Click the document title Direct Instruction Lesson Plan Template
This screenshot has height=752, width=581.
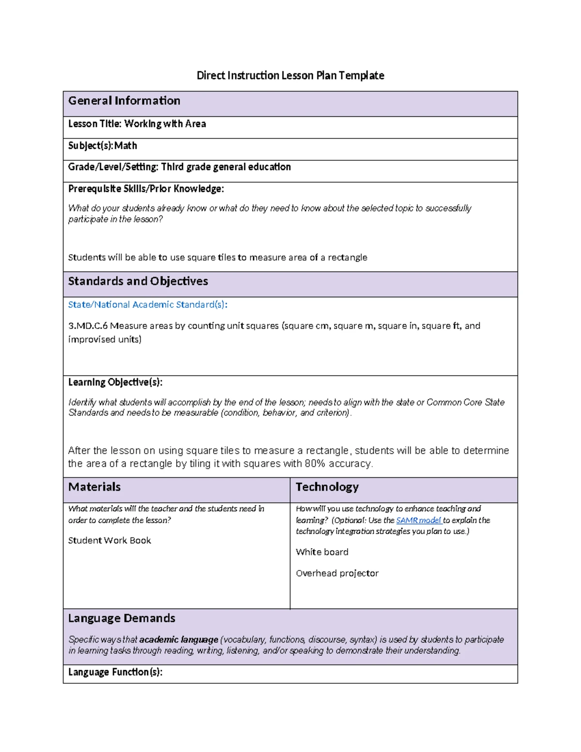coord(290,76)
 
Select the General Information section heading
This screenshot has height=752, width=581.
coord(124,101)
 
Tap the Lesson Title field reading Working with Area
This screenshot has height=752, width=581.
coord(137,124)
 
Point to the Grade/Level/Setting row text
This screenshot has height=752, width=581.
coord(179,167)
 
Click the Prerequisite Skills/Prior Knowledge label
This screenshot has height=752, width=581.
coord(146,189)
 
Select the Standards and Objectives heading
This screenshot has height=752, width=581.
coord(138,281)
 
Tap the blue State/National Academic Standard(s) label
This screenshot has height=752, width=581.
coord(148,305)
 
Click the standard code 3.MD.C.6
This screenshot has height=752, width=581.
coord(88,326)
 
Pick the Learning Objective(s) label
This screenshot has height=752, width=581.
coord(115,383)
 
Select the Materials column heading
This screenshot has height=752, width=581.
coord(94,487)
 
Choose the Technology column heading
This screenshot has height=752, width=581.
coord(327,487)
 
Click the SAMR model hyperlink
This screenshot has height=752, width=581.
coord(418,521)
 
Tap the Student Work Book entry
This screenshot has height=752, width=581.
coord(109,540)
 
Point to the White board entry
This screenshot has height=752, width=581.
coord(322,552)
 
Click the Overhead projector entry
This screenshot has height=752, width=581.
coord(337,573)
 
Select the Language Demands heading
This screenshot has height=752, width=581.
coord(122,618)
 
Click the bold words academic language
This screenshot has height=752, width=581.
coord(179,640)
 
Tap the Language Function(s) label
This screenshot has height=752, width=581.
coord(115,672)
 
